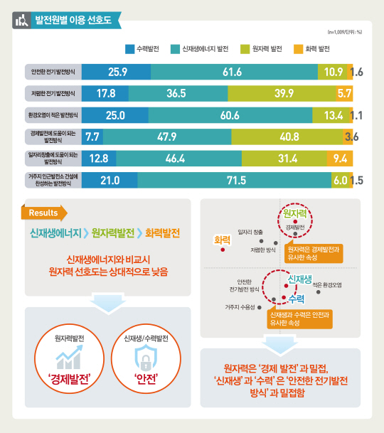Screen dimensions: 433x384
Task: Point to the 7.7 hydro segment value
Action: (92, 137)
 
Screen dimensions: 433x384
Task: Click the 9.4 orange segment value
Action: (341, 159)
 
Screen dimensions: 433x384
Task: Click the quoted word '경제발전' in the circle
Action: (69, 379)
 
